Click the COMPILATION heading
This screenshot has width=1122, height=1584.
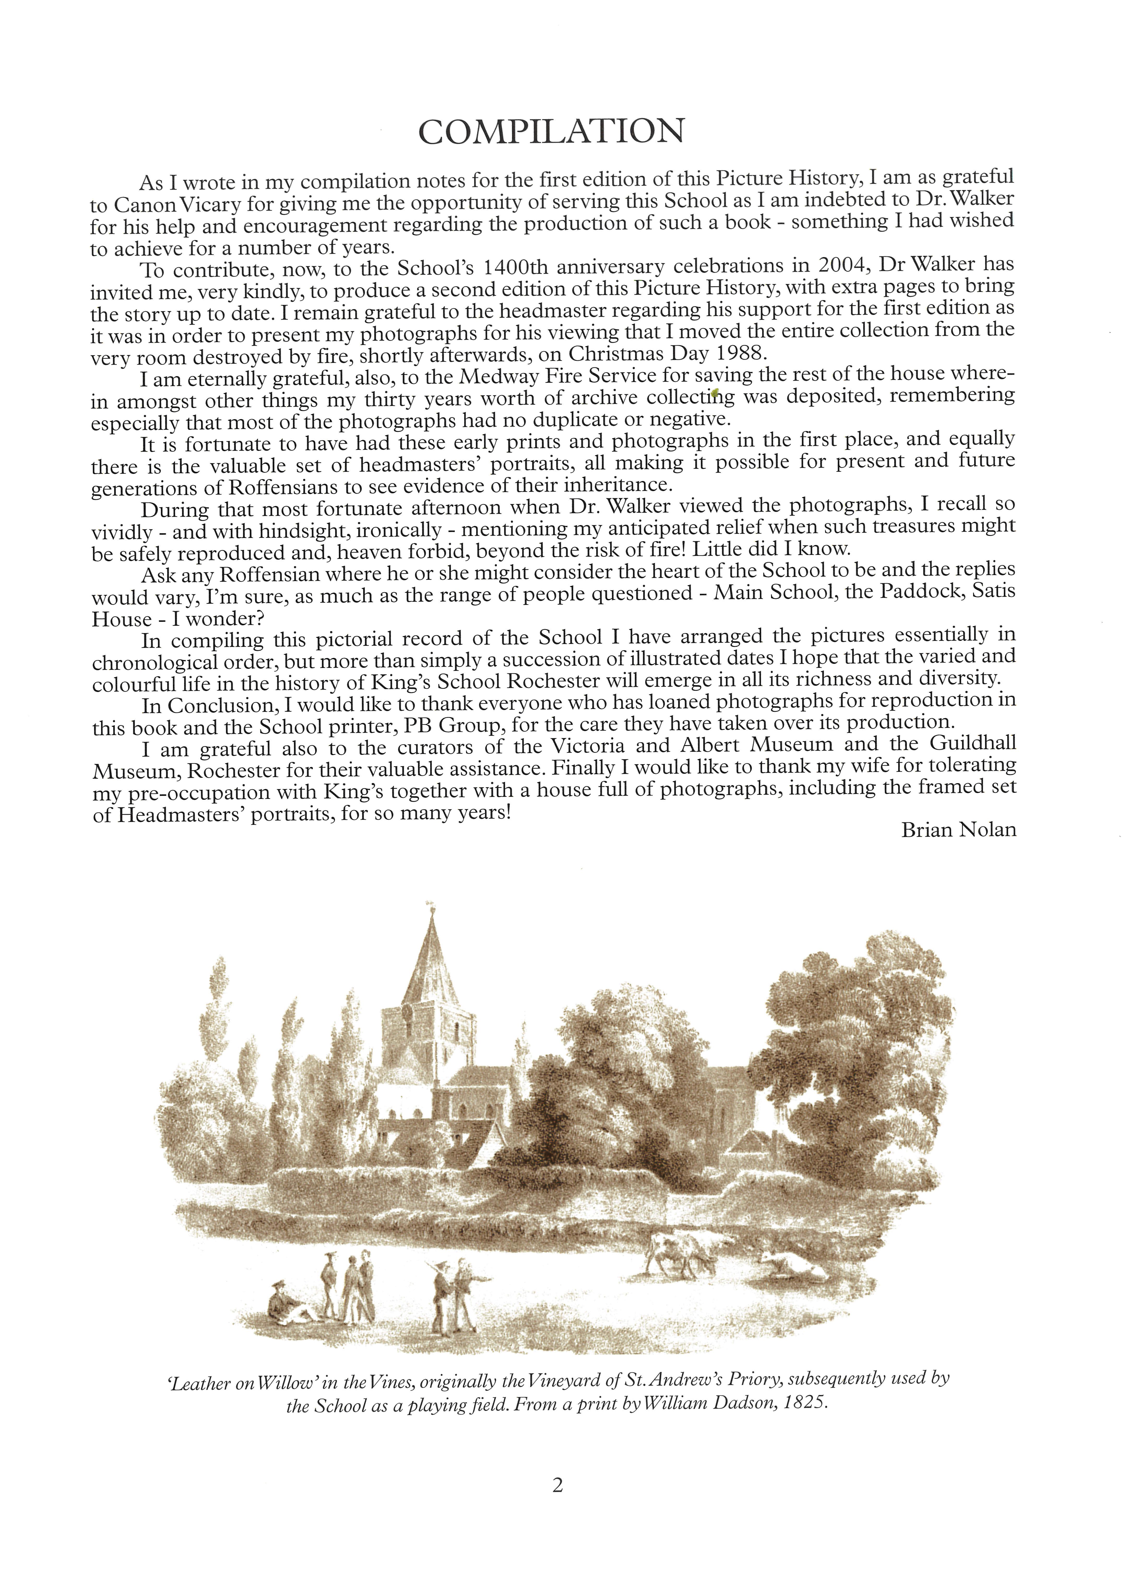[x=551, y=131]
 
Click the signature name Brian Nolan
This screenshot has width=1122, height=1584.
[x=958, y=830]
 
